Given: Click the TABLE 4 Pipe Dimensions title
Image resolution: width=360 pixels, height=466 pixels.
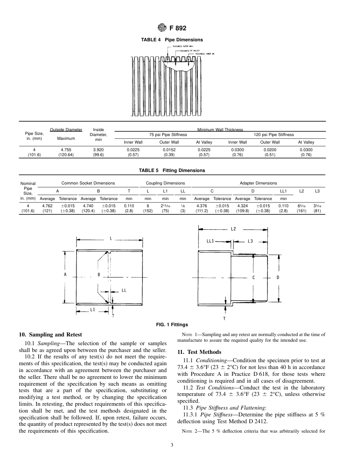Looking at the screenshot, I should (x=172, y=40).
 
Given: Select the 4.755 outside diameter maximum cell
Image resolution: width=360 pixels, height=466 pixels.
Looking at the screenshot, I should (x=66, y=150).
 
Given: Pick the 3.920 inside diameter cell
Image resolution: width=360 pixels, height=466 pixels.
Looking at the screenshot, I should (x=98, y=150).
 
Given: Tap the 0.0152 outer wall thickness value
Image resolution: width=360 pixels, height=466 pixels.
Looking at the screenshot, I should (x=169, y=150).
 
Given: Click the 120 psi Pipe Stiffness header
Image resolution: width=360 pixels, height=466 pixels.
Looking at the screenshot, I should (x=274, y=134).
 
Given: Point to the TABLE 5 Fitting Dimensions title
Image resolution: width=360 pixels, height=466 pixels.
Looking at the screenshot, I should (x=172, y=170).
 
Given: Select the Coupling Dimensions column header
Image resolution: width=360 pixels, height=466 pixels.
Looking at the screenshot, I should (x=166, y=183).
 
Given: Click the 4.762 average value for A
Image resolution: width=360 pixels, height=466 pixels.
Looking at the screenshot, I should (x=47, y=206).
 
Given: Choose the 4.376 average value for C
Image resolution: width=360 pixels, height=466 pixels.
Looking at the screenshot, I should (x=202, y=206).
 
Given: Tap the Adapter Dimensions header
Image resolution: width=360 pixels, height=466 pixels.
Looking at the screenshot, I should (x=258, y=183).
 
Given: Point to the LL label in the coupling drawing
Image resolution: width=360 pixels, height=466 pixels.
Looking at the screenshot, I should (x=124, y=291).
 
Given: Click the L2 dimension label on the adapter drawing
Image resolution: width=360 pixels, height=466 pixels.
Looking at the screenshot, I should (x=233, y=229).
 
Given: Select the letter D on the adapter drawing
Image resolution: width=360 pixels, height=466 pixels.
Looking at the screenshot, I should (x=278, y=277).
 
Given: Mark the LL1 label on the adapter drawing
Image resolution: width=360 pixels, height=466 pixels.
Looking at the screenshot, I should (x=210, y=241).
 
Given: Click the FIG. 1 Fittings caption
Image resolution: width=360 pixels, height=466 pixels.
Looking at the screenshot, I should (x=172, y=325).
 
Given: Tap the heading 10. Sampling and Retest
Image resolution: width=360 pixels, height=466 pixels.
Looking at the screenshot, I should (x=50, y=335).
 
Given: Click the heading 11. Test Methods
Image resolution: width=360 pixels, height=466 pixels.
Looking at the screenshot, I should (x=199, y=352).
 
